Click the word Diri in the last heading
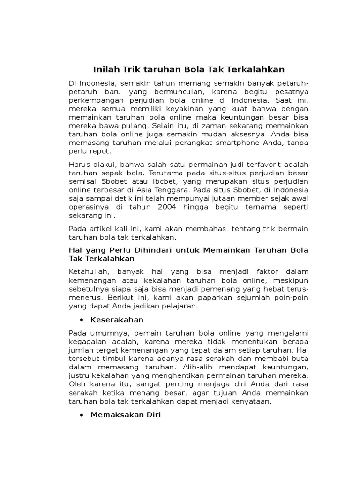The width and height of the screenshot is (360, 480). [x=153, y=415]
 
